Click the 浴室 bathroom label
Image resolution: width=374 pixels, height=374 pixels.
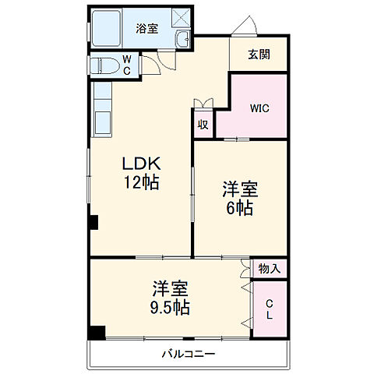pyautogui.click(x=147, y=29)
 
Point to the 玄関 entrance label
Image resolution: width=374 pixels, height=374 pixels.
pyautogui.click(x=259, y=55)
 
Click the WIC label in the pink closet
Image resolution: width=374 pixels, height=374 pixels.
pyautogui.click(x=259, y=108)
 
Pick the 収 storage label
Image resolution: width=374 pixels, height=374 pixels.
pyautogui.click(x=203, y=124)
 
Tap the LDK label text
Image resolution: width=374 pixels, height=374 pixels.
pyautogui.click(x=141, y=164)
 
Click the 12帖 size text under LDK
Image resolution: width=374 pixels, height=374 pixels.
pyautogui.click(x=141, y=184)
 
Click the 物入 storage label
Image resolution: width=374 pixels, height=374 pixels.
pyautogui.click(x=270, y=268)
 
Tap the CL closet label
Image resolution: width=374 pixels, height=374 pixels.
pyautogui.click(x=270, y=309)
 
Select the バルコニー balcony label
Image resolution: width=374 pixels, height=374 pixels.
pyautogui.click(x=188, y=354)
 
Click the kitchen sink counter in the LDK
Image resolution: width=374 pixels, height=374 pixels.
pyautogui.click(x=103, y=112)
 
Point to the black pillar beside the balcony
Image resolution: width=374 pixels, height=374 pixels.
pyautogui.click(x=96, y=333)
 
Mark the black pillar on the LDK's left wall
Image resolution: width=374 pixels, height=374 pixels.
pyautogui.click(x=93, y=222)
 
